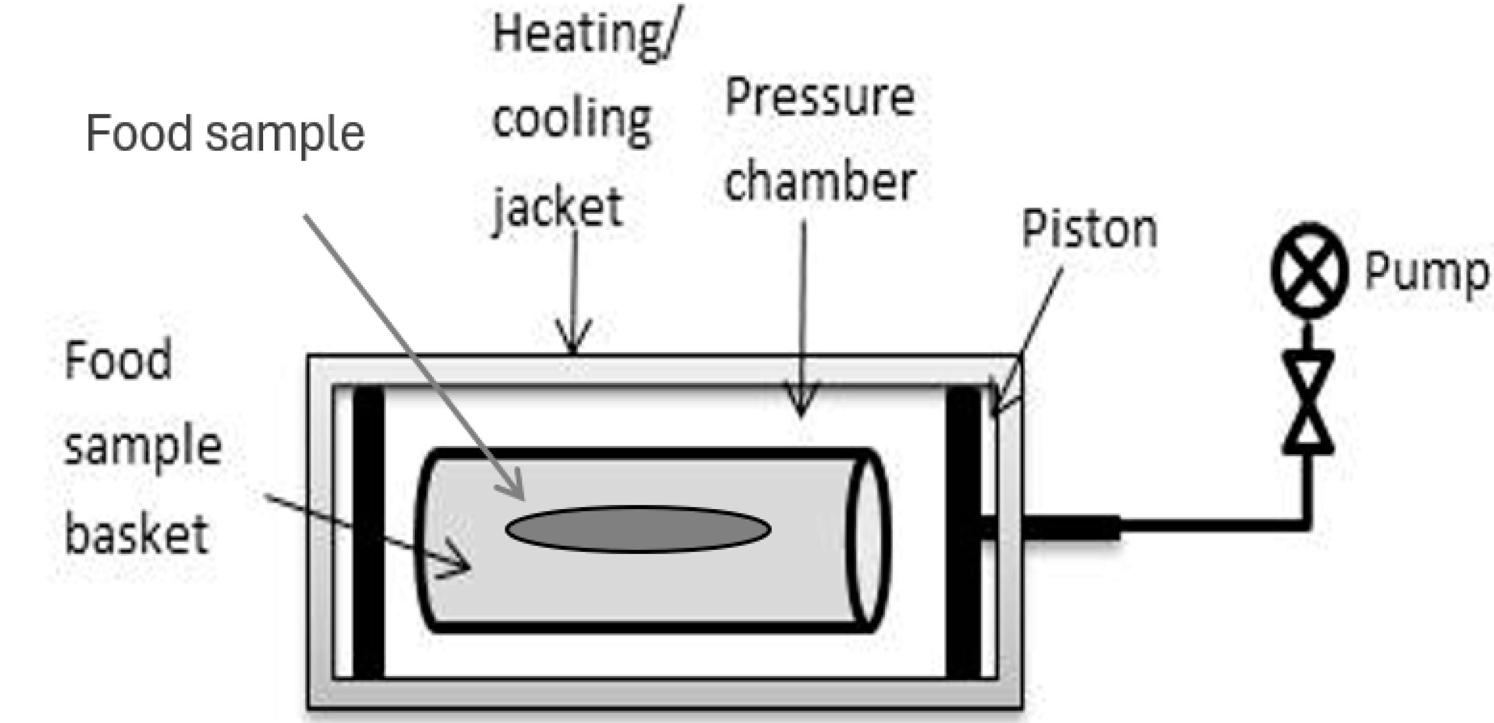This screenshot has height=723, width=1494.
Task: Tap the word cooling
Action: [572, 122]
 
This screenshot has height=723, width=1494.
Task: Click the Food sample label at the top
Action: [225, 134]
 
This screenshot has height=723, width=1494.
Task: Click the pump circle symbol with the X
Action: [1308, 270]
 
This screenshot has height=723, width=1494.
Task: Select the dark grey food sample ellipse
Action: [638, 529]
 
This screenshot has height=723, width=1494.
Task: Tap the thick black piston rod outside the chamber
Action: [1071, 529]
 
